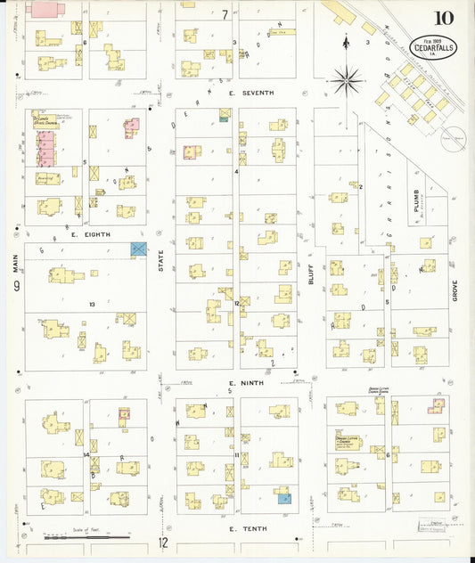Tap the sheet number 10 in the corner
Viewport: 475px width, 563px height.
pyautogui.click(x=444, y=18)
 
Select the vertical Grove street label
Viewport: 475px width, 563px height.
pyautogui.click(x=454, y=285)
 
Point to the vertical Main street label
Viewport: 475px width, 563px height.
pyautogui.click(x=15, y=264)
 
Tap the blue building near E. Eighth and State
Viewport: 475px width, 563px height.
pyautogui.click(x=139, y=250)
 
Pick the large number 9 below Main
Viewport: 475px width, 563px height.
pyautogui.click(x=16, y=287)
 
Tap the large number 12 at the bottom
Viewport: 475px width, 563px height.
pyautogui.click(x=163, y=542)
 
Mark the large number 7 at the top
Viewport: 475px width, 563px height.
pyautogui.click(x=225, y=13)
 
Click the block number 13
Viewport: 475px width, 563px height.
pyautogui.click(x=91, y=304)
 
